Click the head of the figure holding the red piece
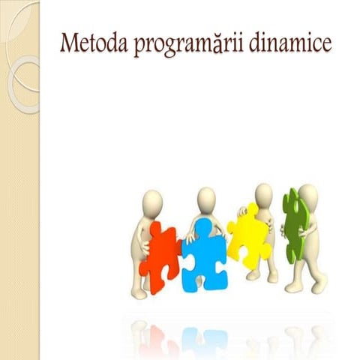pyautogui.click(x=152, y=202)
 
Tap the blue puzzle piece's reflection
pyautogui.click(x=201, y=337)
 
